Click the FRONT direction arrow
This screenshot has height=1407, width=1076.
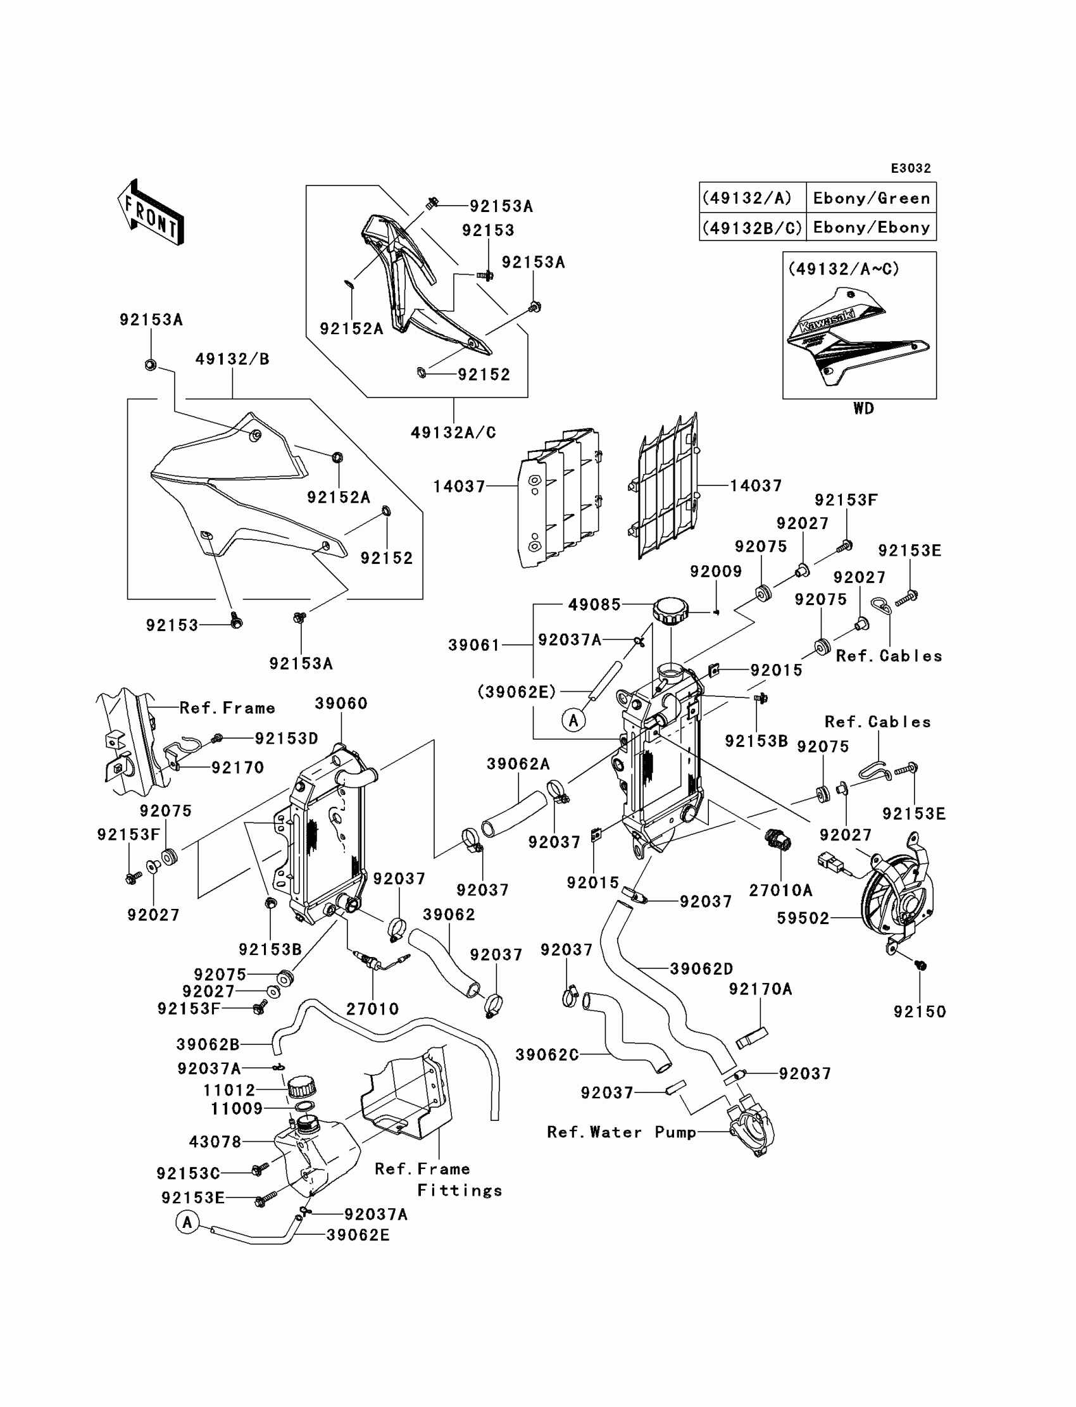151,212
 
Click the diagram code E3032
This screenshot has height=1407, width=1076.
911,168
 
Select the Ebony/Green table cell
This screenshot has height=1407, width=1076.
871,199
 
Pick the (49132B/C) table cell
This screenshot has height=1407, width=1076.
753,227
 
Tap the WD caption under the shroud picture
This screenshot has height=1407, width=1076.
863,409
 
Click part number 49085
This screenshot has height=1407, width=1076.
594,604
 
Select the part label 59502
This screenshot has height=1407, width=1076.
803,918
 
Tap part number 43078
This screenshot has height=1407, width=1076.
215,1142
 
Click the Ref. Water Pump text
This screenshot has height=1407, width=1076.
622,1132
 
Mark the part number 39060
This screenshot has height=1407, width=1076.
341,704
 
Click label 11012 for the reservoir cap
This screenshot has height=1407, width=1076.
229,1090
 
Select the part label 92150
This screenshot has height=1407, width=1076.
920,1012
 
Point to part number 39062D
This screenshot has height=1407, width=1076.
701,969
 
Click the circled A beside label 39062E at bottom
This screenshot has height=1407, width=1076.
187,1223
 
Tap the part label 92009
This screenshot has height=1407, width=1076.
716,572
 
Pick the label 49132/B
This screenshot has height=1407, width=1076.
232,360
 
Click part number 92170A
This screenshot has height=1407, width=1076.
760,989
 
